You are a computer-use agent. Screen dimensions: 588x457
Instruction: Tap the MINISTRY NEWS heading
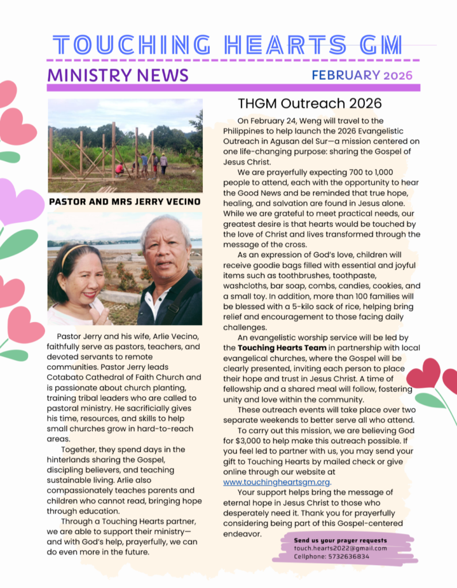coord(118,75)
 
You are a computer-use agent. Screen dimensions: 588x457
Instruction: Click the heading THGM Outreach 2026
coord(309,103)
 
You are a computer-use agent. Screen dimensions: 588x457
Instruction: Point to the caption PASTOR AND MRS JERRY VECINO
coord(125,202)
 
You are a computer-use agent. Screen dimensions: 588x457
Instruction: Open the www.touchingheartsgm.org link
coord(276,482)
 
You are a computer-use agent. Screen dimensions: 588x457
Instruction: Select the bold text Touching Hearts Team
coord(274,348)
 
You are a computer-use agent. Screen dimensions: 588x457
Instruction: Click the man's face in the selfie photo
coord(167,252)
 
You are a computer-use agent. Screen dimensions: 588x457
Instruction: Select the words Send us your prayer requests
coord(340,540)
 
